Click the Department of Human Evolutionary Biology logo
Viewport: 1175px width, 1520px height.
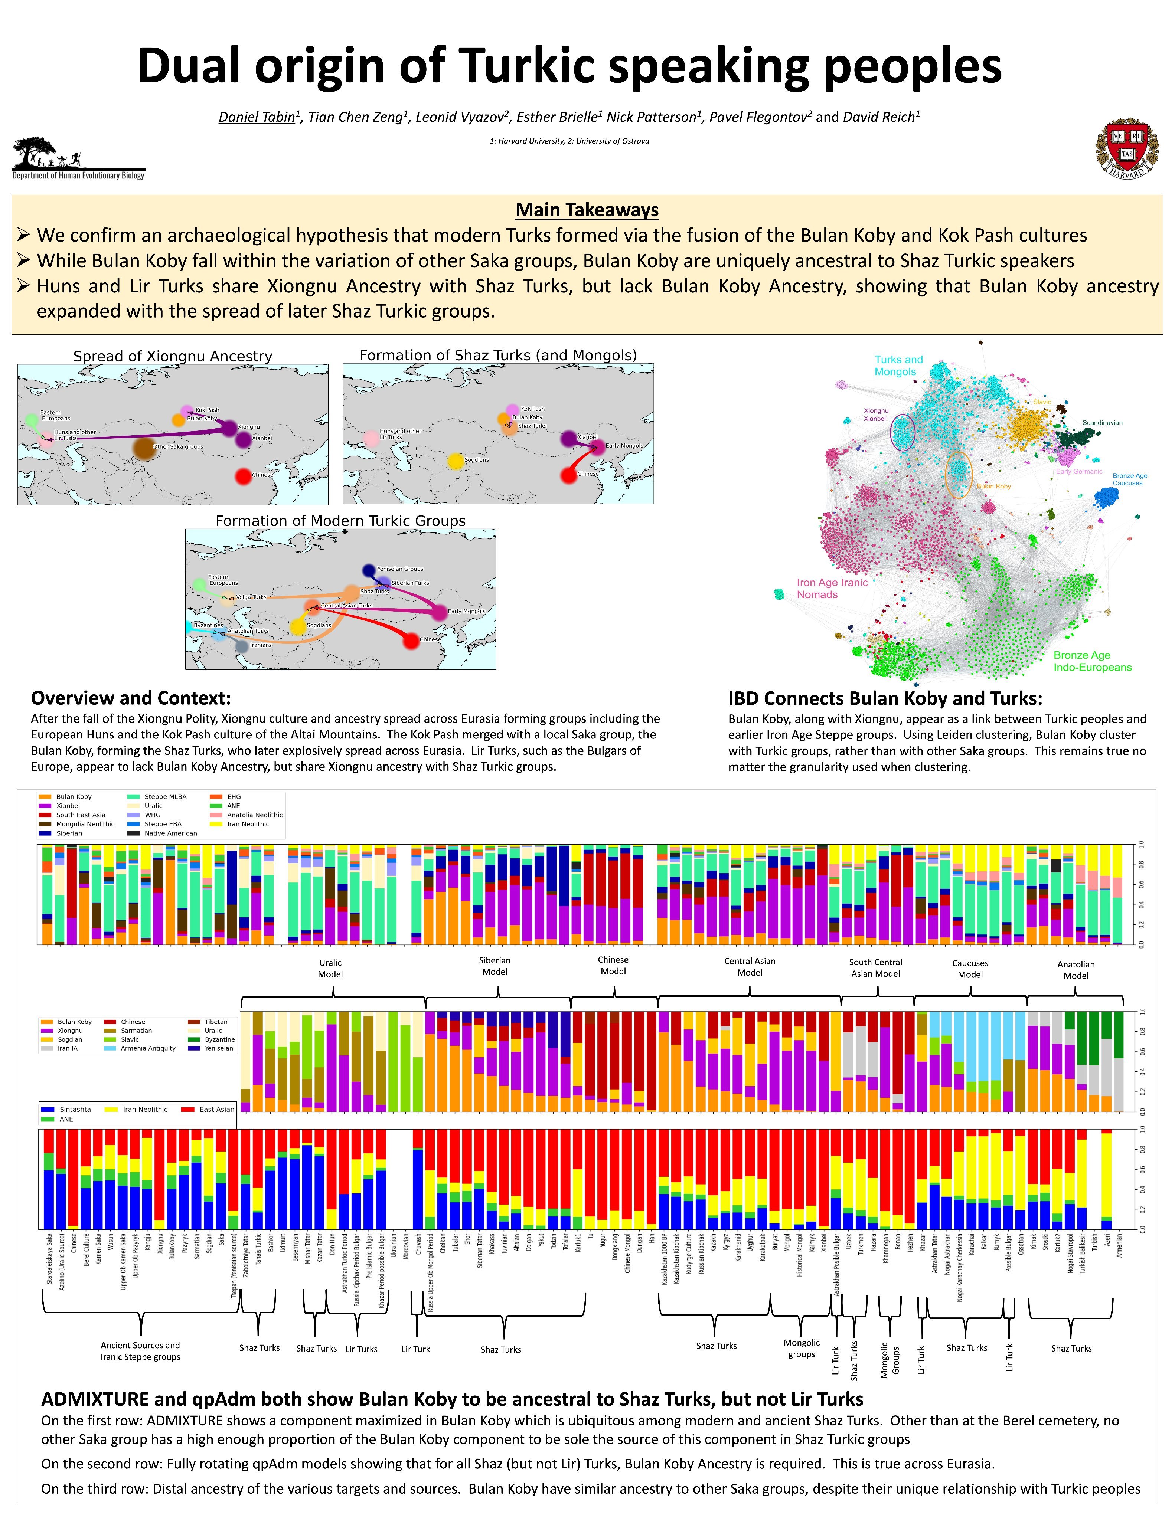pos(78,159)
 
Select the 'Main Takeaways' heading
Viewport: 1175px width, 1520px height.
pos(587,210)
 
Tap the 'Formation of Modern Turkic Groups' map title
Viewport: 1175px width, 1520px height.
pos(340,521)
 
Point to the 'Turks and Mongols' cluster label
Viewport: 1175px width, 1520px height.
pos(898,366)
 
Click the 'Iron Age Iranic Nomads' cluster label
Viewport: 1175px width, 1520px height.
pos(832,588)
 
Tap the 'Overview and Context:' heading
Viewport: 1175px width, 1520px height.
pos(131,698)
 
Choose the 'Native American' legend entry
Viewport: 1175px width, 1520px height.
pos(170,833)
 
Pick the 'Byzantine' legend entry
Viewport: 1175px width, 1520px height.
pos(219,1039)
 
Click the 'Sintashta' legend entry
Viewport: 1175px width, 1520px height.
pos(75,1109)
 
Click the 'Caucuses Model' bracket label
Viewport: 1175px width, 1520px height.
pos(970,969)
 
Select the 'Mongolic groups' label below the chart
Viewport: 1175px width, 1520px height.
pos(801,1348)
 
